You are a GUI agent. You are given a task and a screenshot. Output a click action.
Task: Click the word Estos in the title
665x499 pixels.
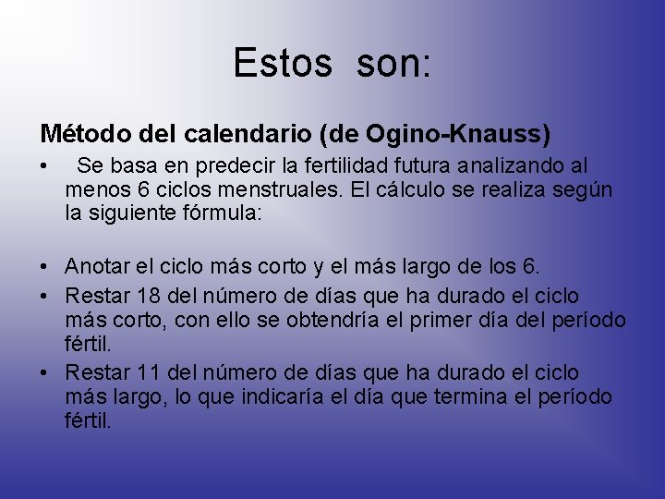[282, 63]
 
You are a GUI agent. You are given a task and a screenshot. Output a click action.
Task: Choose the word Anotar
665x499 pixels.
[94, 267]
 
